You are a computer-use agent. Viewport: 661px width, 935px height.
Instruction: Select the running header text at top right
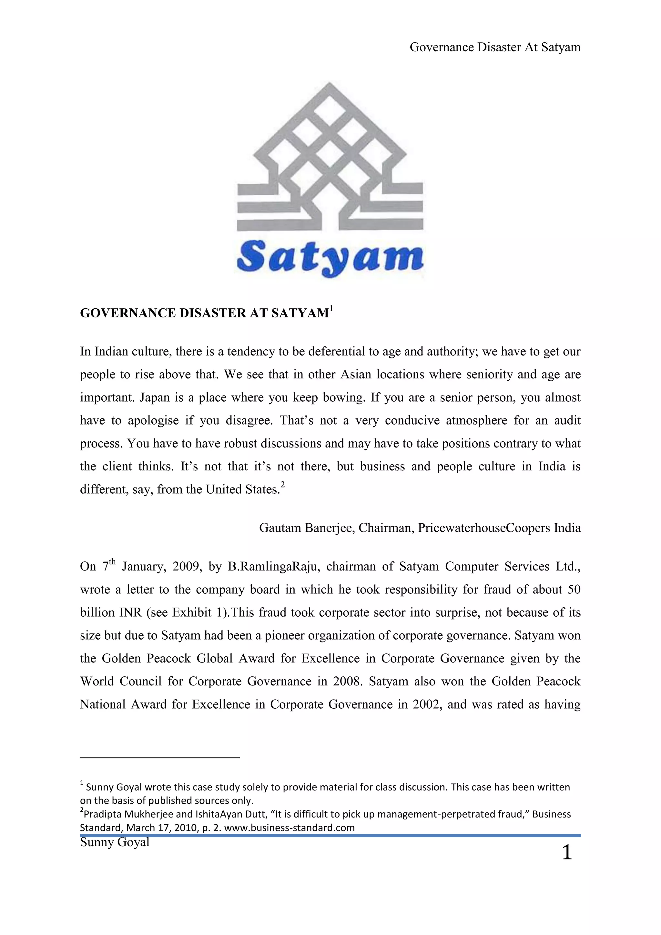pyautogui.click(x=494, y=47)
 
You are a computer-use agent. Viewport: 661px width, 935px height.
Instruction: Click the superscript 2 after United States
pyautogui.click(x=283, y=485)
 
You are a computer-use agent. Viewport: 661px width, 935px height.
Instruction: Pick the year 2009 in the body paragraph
pyautogui.click(x=186, y=567)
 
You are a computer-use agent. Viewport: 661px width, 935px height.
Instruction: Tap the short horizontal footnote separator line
pyautogui.click(x=160, y=757)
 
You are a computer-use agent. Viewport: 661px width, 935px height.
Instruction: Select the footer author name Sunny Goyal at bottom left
pyautogui.click(x=115, y=842)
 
